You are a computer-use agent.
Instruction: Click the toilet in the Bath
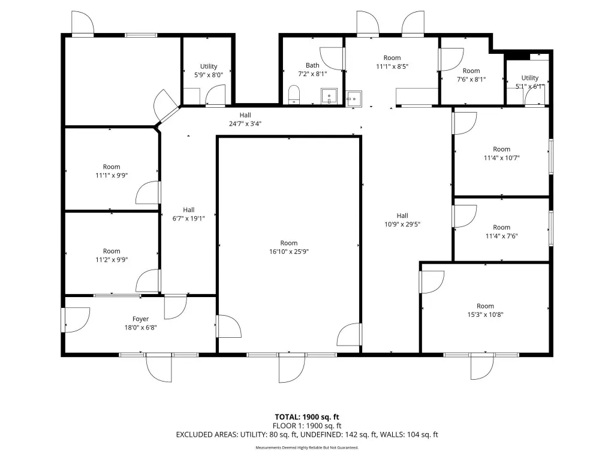coord(294,95)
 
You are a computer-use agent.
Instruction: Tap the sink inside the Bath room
coord(329,96)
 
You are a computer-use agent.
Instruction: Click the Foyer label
coord(140,319)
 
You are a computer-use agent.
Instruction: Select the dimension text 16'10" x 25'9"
coord(289,252)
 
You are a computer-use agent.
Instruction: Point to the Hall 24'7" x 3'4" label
coord(245,119)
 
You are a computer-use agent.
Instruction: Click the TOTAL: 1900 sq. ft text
coord(307,417)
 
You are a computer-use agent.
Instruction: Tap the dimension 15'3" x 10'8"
coord(485,314)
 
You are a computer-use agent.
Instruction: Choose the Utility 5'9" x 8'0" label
coord(209,71)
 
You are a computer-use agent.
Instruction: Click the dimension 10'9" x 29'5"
coord(402,224)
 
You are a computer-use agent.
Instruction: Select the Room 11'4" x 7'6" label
coord(502,232)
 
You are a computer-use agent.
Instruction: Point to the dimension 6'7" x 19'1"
coord(189,218)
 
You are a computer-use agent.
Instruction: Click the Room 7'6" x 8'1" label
coord(471,75)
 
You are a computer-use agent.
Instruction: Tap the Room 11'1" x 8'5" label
coord(392,62)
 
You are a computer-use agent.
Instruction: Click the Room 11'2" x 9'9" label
coord(112,255)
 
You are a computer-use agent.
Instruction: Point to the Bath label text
coord(312,65)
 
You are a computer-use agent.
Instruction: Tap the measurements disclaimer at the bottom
coord(307,447)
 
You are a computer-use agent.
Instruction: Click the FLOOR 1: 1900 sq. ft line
coord(307,426)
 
